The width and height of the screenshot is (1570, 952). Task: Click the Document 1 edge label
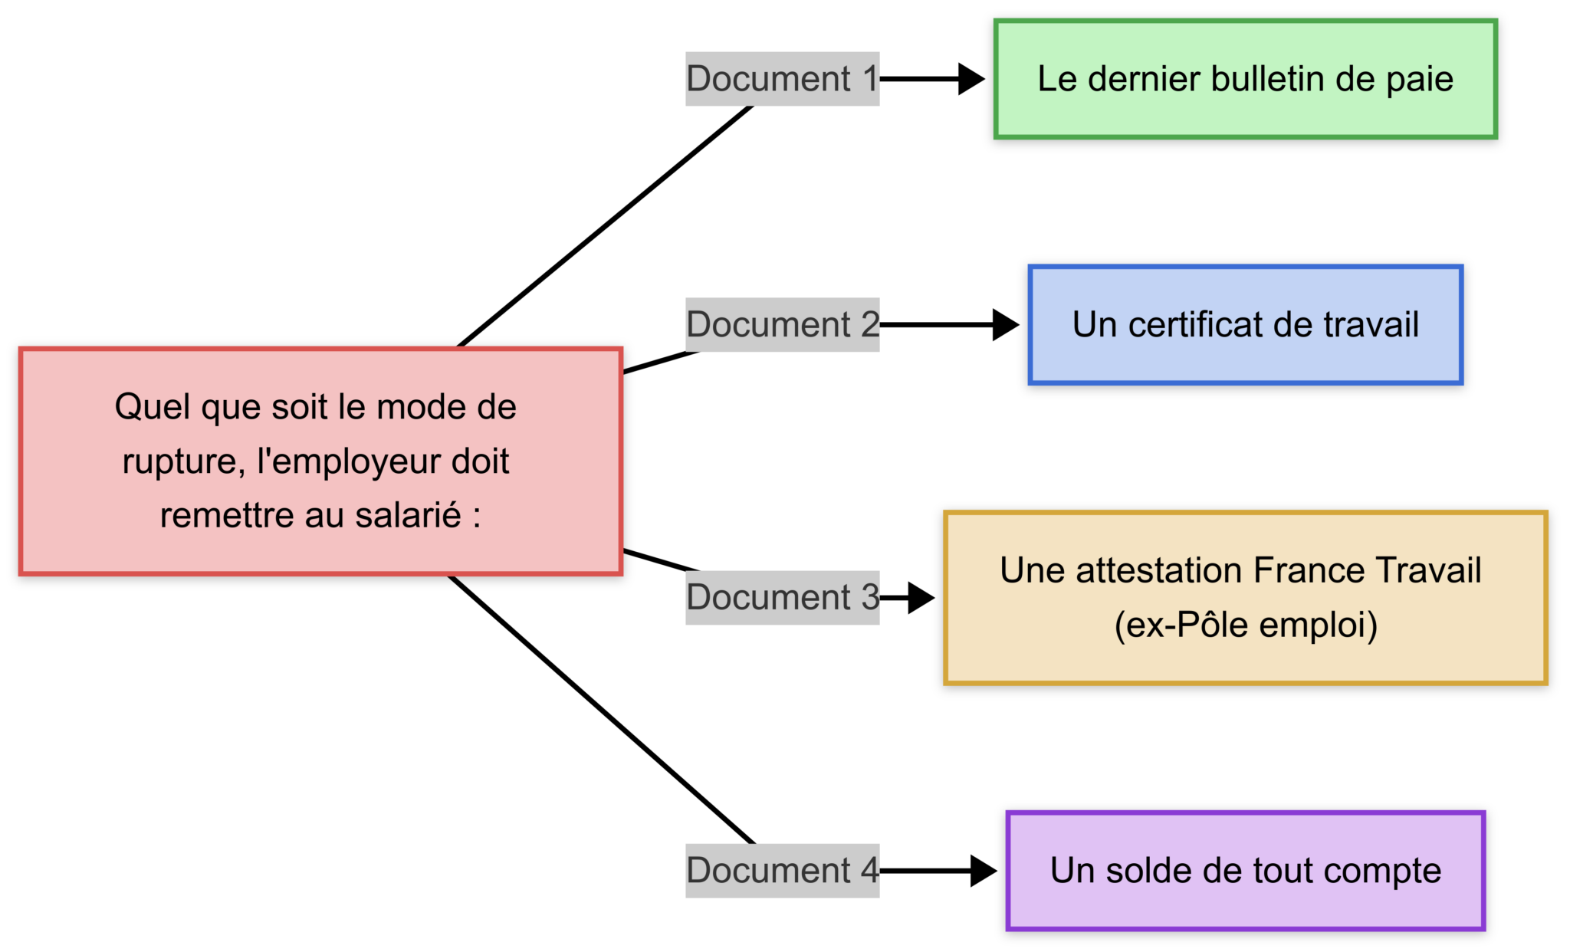point(782,79)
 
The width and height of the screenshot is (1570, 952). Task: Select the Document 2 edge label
point(782,325)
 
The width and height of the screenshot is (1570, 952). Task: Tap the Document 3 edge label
point(782,598)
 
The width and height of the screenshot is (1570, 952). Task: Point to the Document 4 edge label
point(782,871)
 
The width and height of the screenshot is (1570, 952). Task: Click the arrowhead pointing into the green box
point(971,79)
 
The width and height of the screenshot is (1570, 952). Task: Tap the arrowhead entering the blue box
point(1005,325)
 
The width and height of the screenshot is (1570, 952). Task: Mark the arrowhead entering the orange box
point(921,598)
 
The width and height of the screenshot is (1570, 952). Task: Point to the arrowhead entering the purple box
point(983,871)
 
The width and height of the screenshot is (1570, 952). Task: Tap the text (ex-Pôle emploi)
point(1245,625)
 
